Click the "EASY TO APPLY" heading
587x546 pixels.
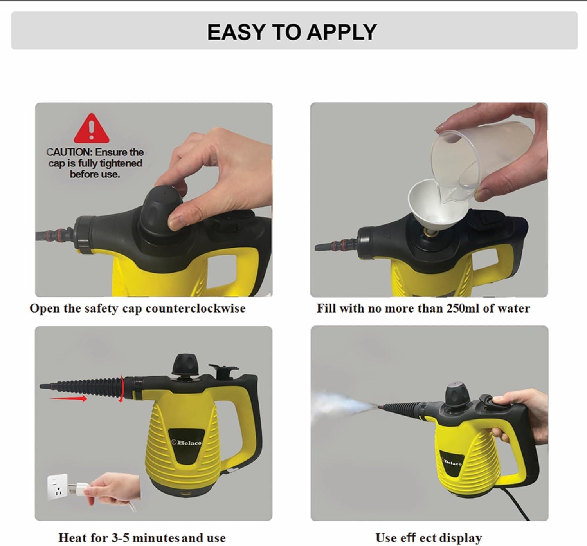point(292,32)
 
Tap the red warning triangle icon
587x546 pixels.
point(91,129)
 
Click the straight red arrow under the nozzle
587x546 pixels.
point(68,399)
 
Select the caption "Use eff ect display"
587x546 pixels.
point(429,538)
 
